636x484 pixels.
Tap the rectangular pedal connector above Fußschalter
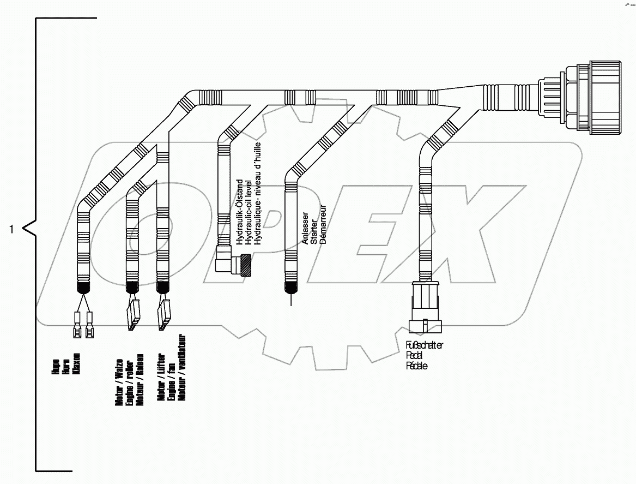coord(425,307)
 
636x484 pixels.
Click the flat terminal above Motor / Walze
coord(133,315)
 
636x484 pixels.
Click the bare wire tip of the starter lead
coord(292,300)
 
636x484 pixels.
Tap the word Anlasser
coord(305,228)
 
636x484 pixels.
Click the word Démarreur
coord(323,224)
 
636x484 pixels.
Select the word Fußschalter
coord(425,345)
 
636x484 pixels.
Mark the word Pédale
coord(417,366)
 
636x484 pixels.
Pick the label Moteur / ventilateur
coord(182,367)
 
